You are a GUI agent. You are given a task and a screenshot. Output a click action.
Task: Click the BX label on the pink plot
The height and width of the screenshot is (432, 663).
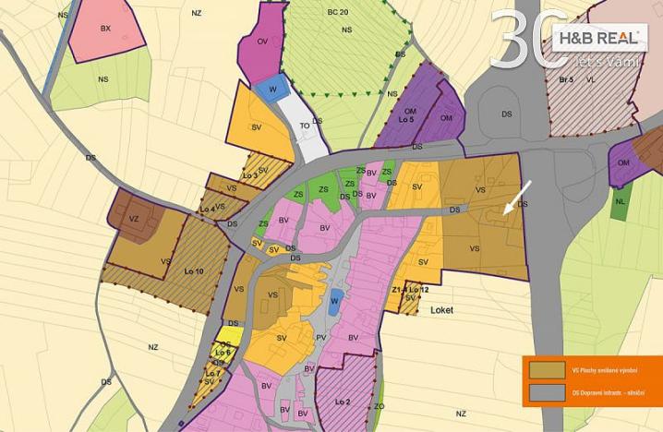105,29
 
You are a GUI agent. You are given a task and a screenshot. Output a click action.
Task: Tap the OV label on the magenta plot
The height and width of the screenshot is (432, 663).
262,42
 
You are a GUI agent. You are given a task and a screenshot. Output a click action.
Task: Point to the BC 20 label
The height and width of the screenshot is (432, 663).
337,11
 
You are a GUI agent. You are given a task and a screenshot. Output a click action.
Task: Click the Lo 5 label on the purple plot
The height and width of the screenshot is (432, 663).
407,121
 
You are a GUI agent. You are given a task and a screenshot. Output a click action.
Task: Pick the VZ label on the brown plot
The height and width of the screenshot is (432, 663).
134,219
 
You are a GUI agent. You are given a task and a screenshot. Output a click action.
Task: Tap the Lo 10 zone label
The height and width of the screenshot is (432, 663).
194,270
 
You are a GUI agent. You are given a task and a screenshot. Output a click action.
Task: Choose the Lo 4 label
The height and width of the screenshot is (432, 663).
207,210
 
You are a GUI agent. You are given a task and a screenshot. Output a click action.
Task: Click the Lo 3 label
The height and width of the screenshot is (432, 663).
249,175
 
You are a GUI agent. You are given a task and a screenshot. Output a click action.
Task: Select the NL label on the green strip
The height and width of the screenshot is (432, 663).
620,200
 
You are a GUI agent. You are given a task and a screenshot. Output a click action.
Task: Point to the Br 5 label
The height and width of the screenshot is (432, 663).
567,80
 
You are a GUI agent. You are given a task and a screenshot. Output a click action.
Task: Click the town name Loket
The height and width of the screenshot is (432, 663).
442,310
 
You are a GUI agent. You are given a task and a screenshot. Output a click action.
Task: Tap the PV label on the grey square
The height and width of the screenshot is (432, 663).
321,338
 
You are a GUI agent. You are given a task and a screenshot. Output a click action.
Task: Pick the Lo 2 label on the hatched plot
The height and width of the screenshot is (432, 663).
344,402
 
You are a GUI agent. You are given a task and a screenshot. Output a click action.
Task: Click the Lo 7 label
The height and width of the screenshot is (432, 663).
213,373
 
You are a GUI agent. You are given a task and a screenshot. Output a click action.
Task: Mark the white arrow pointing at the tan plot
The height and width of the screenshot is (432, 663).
516,198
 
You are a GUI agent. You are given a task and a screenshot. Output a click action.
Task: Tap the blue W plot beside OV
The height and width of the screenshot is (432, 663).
271,88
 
